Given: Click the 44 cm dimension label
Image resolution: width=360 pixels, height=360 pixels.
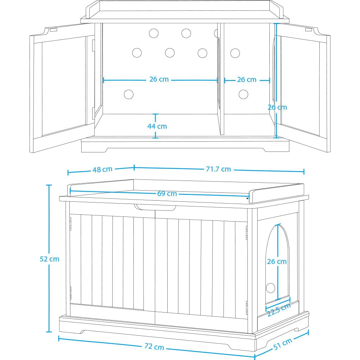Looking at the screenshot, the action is tap(157, 126).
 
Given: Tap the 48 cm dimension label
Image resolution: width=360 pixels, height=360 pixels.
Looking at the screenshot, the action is tap(102, 169).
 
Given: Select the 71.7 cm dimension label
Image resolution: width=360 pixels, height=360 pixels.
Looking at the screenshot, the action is tap(218, 169).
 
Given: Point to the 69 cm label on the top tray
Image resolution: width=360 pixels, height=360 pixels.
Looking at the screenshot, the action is tap(167, 193).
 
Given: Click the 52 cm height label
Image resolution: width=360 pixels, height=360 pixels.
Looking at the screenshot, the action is tap(50, 259).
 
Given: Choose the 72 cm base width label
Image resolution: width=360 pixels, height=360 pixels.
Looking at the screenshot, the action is tap(154, 346).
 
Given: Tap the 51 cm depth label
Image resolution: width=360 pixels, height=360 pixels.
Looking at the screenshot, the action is tap(283, 344).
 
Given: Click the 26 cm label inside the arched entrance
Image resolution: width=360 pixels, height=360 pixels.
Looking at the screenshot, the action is tap(277, 261).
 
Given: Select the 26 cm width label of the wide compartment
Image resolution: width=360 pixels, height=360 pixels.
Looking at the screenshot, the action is tap(159, 79).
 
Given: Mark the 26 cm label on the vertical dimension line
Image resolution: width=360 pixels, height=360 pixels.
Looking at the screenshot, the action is tap(277, 107).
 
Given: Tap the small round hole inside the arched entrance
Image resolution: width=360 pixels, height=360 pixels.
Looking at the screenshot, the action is tap(270, 288).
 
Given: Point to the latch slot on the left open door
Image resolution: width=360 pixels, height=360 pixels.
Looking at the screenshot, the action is tap(54, 29).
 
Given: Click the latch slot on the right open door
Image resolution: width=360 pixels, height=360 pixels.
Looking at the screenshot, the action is tap(308, 29).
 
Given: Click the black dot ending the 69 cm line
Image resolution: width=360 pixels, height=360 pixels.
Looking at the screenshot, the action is tap(247, 199).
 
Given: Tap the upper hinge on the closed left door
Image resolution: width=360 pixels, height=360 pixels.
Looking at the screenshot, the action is tap(70, 224).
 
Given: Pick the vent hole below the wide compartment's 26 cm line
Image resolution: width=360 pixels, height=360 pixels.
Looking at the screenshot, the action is tap(129, 94).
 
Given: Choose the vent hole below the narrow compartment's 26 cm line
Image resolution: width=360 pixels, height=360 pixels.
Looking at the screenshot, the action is tap(243, 94).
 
